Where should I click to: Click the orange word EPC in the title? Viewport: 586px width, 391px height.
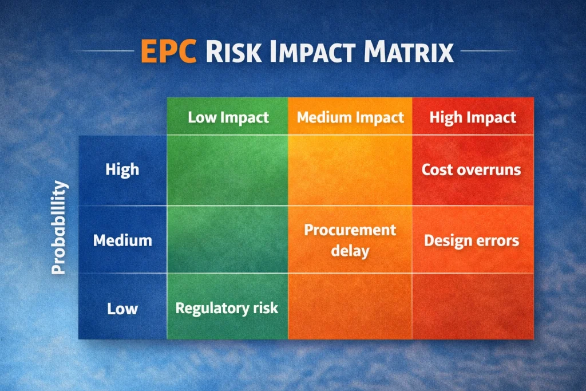tap(169, 51)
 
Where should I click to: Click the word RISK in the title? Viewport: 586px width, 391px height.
tap(233, 51)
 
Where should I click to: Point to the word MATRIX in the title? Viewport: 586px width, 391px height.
tap(409, 51)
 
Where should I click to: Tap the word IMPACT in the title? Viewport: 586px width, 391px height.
tap(312, 51)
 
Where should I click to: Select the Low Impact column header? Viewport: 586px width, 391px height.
tap(228, 117)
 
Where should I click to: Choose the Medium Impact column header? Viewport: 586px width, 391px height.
tap(350, 117)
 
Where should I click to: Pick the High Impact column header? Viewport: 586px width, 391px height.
tap(473, 117)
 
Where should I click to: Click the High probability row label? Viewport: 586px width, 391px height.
tap(122, 169)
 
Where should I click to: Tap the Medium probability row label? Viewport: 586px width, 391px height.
tap(122, 240)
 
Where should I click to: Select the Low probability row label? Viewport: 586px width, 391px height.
tap(122, 309)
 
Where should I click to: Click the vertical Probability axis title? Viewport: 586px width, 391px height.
tap(59, 228)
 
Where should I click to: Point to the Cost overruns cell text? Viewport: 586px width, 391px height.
tap(472, 169)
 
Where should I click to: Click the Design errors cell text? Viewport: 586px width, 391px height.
tap(472, 241)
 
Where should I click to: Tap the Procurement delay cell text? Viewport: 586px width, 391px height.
tap(350, 240)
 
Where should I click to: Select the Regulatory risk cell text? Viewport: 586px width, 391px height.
tap(227, 309)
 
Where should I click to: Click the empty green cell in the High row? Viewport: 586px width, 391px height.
tap(227, 170)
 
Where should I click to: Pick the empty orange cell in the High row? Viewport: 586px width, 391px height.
tap(350, 170)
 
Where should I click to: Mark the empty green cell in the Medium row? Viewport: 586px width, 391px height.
tap(227, 239)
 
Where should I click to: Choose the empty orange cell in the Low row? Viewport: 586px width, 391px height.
tap(350, 306)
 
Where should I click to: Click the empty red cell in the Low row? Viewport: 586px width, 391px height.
tap(473, 306)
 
